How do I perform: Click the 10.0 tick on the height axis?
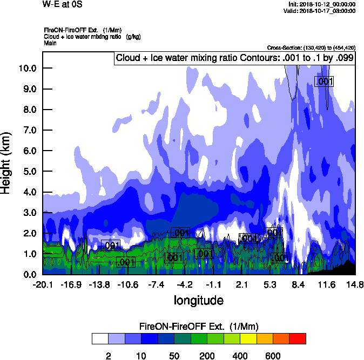[27, 69]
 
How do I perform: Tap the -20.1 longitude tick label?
[42, 285]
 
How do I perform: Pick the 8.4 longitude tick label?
[298, 285]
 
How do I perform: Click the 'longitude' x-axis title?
[198, 300]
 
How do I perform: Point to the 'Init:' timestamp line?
[322, 4]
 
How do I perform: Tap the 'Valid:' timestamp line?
[322, 10]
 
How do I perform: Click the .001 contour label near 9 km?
[325, 81]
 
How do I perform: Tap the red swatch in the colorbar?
[298, 339]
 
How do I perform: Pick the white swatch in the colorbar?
[100, 339]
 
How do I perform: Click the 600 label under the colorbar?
[273, 356]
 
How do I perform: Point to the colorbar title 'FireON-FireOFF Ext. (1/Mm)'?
[199, 327]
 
